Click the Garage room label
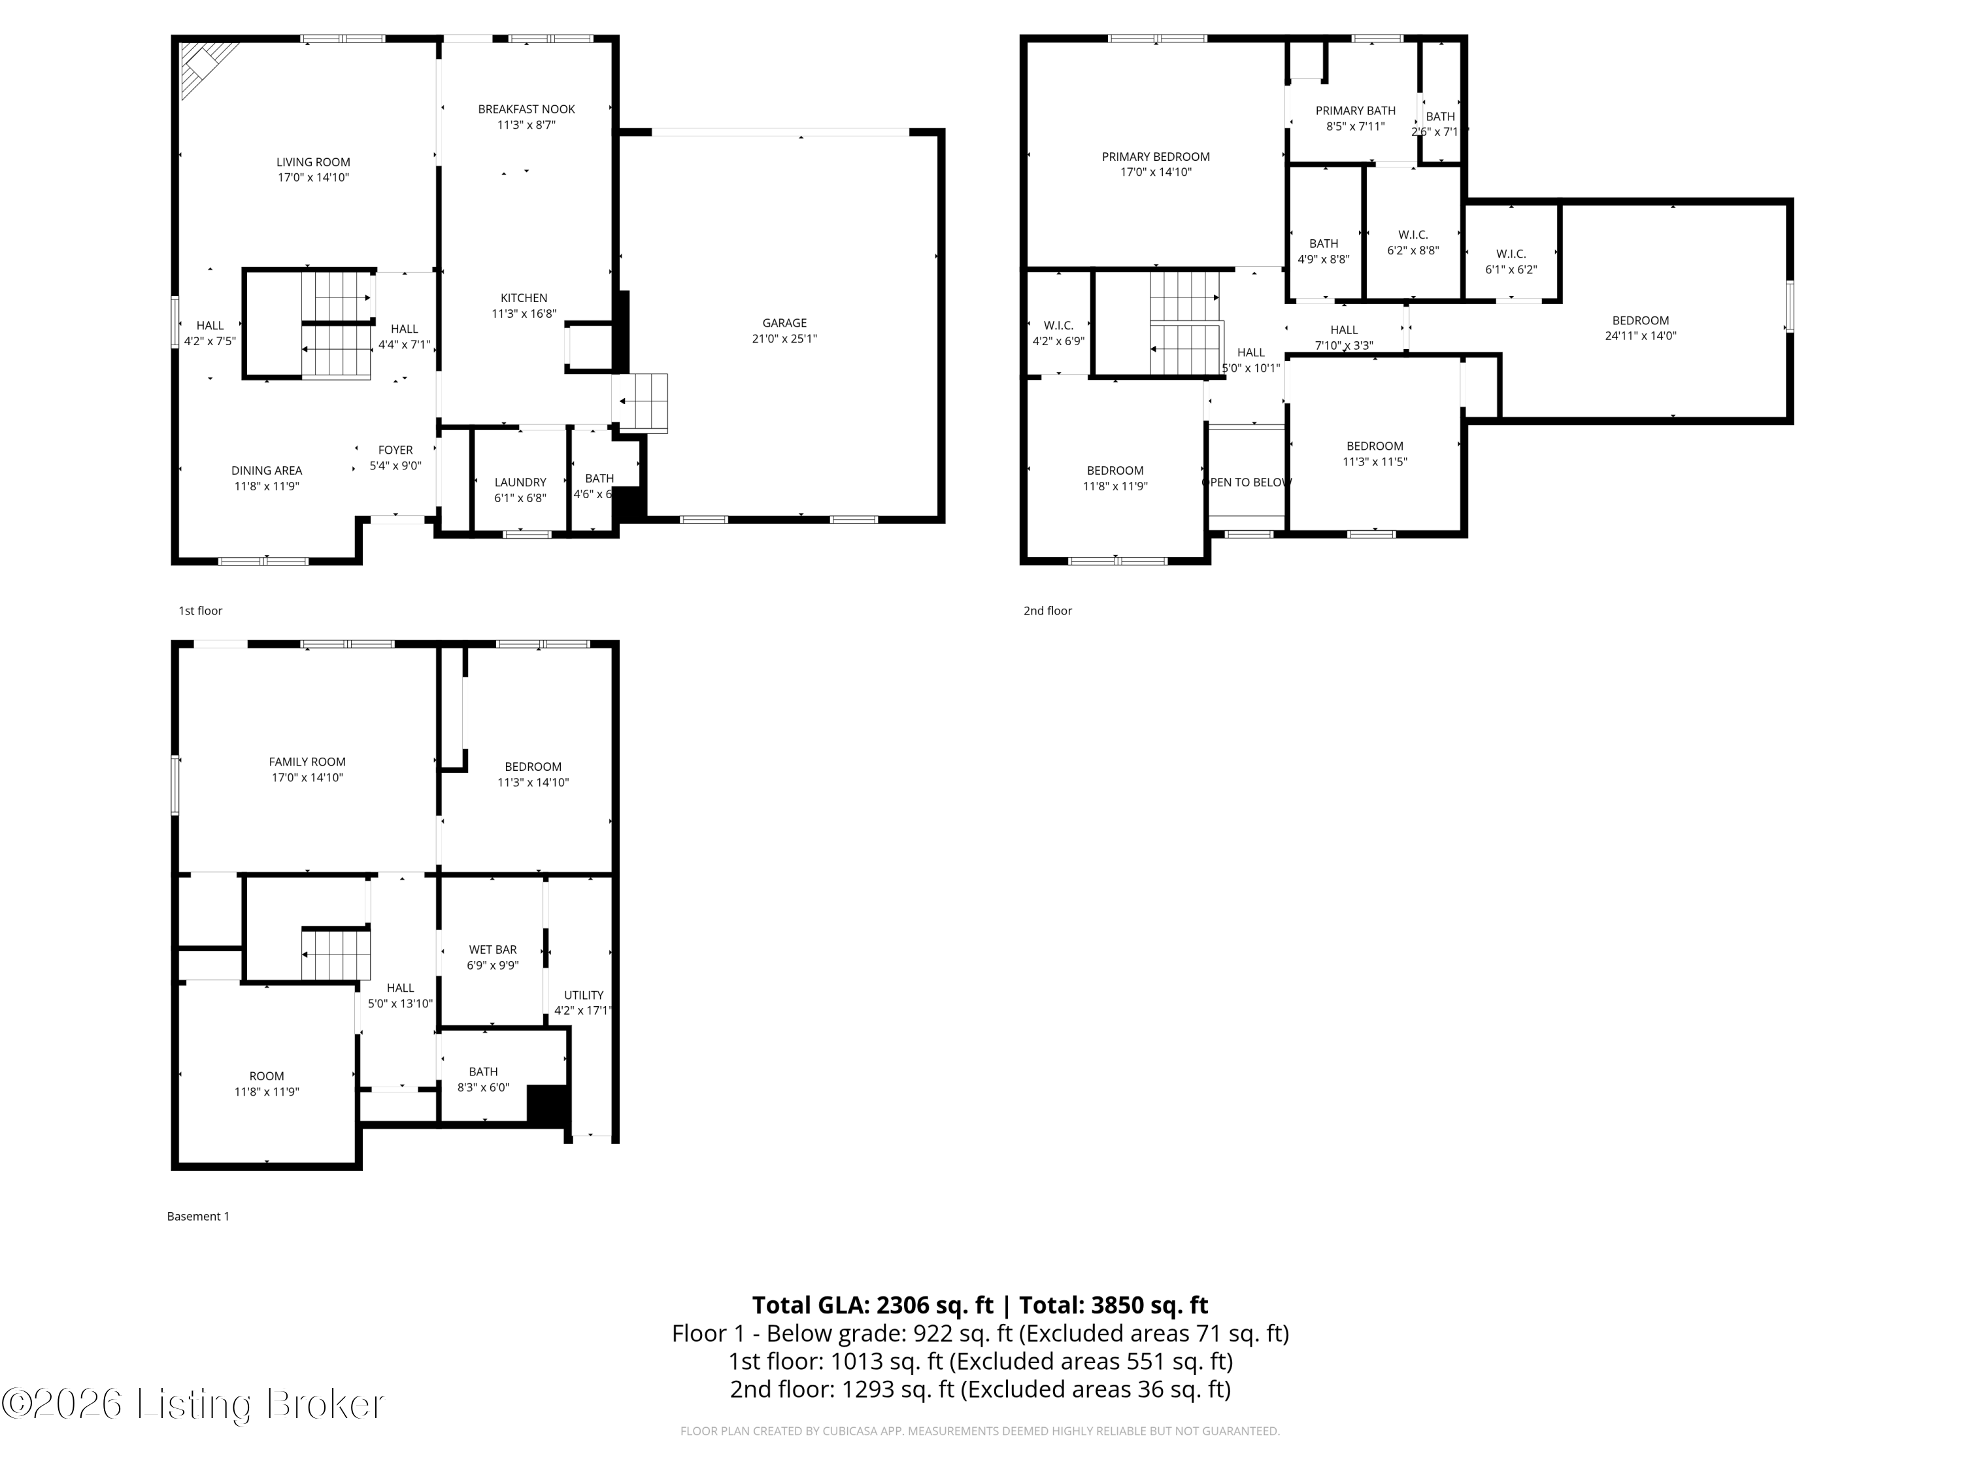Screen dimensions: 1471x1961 [x=784, y=323]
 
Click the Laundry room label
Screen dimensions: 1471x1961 [x=520, y=482]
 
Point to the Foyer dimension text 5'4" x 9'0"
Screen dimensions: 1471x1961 [x=395, y=465]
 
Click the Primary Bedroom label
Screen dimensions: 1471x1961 [x=1155, y=157]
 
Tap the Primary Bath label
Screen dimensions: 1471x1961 [x=1354, y=111]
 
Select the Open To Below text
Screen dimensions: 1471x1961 [x=1247, y=482]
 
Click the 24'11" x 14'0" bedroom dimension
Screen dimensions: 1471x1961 [x=1640, y=336]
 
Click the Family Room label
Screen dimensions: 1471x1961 [x=307, y=762]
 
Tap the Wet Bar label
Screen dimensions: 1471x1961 [x=492, y=950]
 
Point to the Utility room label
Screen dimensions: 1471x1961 [x=583, y=995]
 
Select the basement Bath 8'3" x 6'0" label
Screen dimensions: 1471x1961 [x=483, y=1072]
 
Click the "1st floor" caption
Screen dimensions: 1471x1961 [x=201, y=611]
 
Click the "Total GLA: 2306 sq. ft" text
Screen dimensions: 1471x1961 [x=873, y=1305]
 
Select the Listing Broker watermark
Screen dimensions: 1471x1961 [x=193, y=1404]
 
